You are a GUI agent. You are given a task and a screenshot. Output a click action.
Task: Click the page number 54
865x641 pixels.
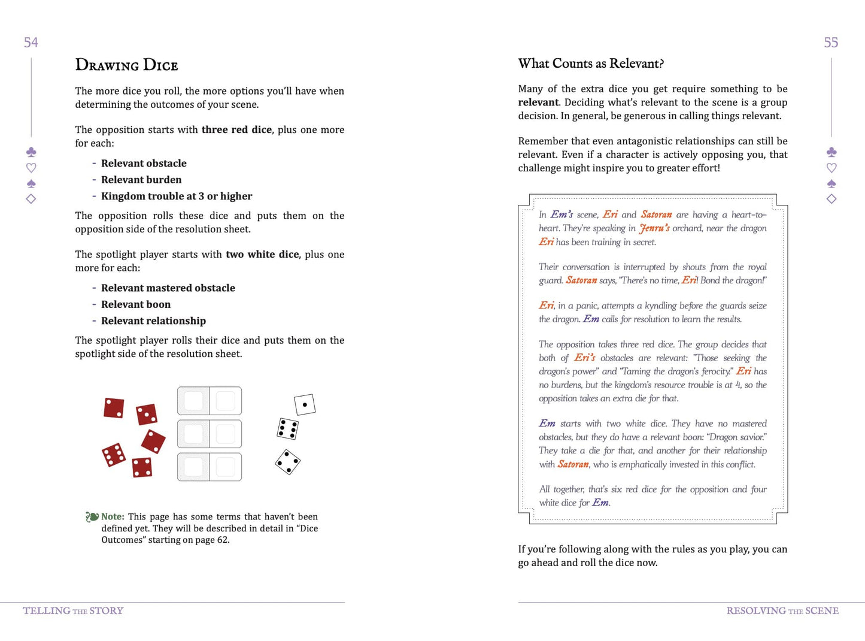click(31, 43)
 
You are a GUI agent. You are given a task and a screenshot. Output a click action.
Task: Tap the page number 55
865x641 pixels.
click(831, 43)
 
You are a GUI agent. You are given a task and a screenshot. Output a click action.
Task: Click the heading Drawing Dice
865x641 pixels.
click(126, 65)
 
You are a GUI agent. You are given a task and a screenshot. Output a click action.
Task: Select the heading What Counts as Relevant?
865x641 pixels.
click(591, 64)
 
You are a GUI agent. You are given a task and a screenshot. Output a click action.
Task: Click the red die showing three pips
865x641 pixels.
click(147, 414)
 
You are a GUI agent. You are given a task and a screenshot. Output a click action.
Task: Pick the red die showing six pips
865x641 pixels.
click(114, 455)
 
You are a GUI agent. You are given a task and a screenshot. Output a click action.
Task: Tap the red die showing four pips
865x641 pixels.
click(142, 467)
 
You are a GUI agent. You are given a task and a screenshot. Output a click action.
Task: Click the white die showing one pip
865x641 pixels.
click(305, 405)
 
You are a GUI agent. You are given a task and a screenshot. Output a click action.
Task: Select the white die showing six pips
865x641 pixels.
click(288, 429)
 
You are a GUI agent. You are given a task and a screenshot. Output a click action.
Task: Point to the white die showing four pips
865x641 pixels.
click(288, 462)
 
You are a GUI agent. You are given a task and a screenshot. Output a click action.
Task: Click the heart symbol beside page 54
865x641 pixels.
click(31, 168)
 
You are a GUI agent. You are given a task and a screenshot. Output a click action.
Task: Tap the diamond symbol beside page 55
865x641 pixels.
click(831, 199)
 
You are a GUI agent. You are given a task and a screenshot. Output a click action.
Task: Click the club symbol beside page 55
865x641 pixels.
click(831, 152)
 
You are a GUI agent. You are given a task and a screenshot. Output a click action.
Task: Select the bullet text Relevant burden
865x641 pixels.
click(141, 180)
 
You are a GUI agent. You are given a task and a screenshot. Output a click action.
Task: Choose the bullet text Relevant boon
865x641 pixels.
click(136, 304)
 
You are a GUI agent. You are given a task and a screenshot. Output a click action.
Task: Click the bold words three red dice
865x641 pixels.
click(236, 129)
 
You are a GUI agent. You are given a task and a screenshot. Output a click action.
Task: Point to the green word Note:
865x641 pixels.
click(113, 516)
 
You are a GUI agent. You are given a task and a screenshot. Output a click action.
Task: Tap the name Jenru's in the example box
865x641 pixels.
click(654, 228)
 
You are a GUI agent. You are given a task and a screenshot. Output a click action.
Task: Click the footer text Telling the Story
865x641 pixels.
click(73, 610)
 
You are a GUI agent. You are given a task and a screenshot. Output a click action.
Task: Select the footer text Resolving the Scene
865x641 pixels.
click(782, 610)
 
